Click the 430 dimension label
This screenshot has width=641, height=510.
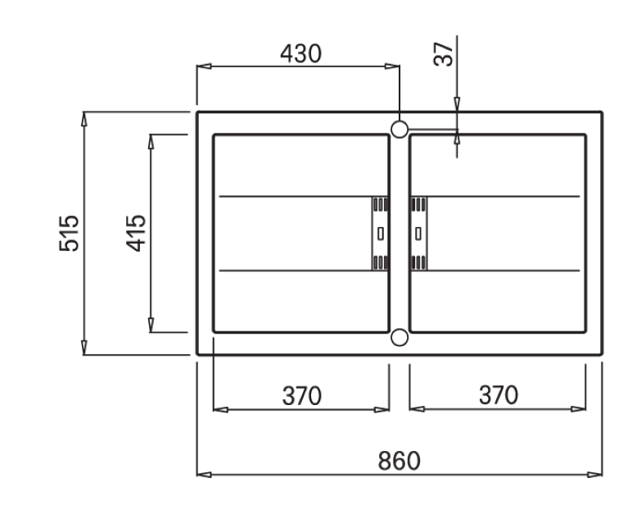pos(301,53)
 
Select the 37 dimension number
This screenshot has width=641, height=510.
pos(443,54)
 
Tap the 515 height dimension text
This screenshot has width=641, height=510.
pos(69,233)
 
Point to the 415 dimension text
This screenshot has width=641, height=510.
pos(136,233)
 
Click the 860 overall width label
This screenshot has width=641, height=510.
pos(399,461)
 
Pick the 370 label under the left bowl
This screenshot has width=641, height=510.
pos(302,396)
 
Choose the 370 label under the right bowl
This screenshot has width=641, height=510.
pos(499,395)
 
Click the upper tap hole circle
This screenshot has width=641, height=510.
pos(399,130)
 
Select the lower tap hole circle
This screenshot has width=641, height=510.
pos(399,338)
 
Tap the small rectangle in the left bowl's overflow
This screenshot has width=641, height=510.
pos(381,234)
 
